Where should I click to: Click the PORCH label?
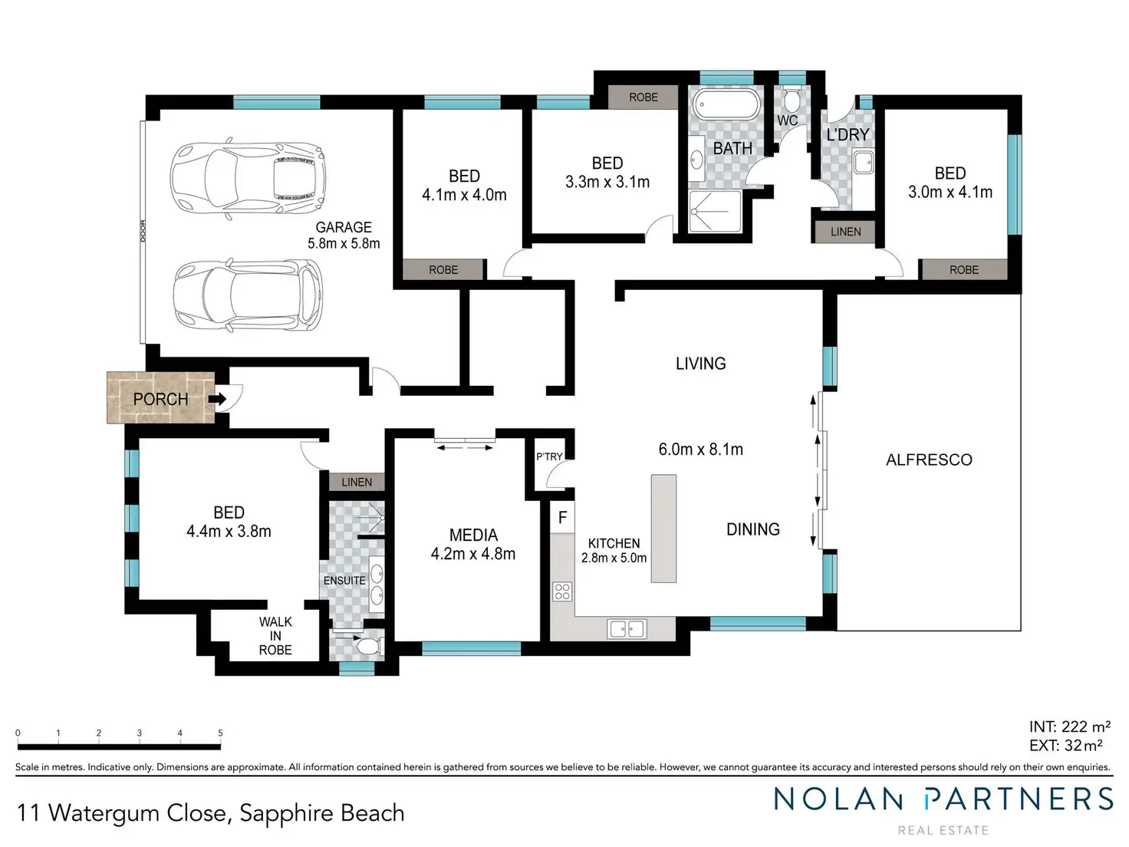click(160, 399)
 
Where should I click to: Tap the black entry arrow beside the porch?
click(217, 398)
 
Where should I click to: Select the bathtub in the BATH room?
click(726, 105)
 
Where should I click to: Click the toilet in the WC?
click(791, 101)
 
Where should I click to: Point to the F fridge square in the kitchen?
click(562, 517)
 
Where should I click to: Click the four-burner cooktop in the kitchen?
click(562, 592)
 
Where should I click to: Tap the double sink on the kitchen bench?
click(627, 628)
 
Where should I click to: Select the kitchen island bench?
click(663, 529)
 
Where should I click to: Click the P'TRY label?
click(549, 456)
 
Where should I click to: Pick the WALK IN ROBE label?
click(275, 636)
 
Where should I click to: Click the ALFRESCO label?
click(929, 460)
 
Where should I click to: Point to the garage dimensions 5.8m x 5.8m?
click(344, 243)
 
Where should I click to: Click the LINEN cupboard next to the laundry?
click(845, 232)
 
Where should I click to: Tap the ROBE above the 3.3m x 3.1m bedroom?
click(643, 97)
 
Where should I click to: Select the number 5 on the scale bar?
click(220, 733)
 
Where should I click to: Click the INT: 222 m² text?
click(1069, 727)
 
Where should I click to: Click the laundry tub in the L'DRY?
click(863, 163)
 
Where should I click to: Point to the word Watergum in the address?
click(106, 813)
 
